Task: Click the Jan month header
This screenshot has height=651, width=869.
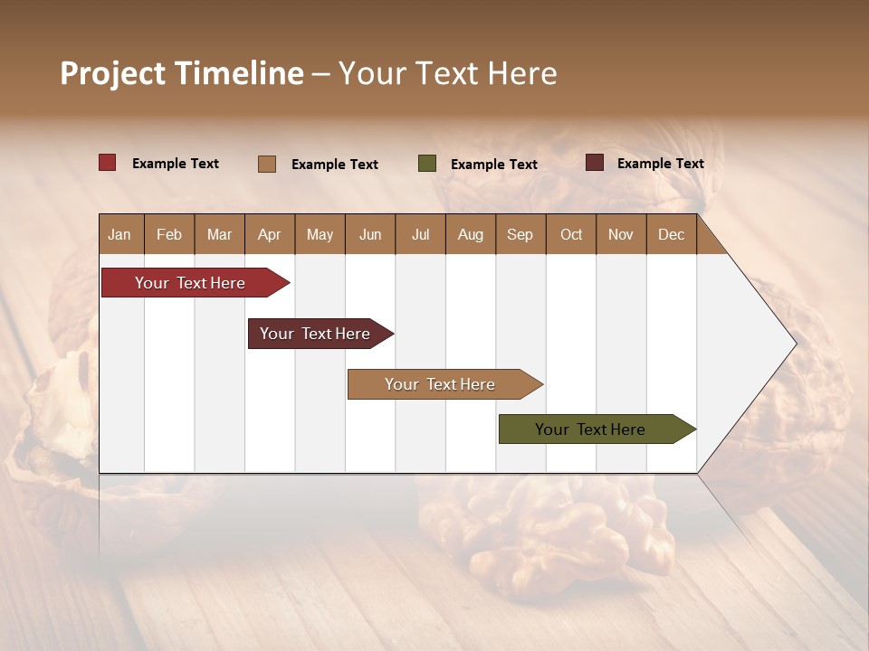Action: coord(119,234)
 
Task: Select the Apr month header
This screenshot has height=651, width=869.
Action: coord(269,234)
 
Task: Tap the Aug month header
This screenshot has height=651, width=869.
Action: coord(470,234)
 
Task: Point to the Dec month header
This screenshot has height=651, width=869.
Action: coord(671,234)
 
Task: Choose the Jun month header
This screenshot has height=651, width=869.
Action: coord(369,234)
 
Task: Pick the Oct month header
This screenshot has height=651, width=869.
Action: coord(570,234)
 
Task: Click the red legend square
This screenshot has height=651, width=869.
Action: coord(107,163)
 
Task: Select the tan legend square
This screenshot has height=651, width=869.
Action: coord(266,164)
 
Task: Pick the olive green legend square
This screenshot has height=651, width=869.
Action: coord(426,164)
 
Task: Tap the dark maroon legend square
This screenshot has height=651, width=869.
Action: coord(594,163)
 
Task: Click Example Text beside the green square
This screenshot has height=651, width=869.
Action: coord(493,164)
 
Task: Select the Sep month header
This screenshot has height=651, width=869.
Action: coord(520,234)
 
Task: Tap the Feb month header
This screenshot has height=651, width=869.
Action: coord(169,234)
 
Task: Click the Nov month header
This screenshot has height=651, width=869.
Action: coord(620,234)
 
